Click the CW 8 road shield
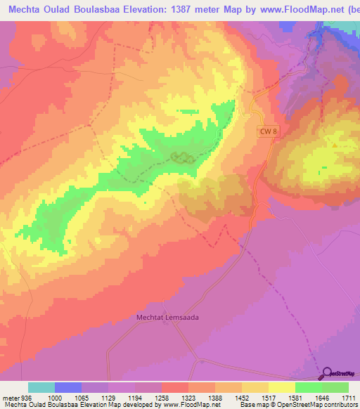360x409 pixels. tap(265, 131)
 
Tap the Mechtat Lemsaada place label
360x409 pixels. tap(167, 317)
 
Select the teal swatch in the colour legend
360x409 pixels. tap(41, 387)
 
